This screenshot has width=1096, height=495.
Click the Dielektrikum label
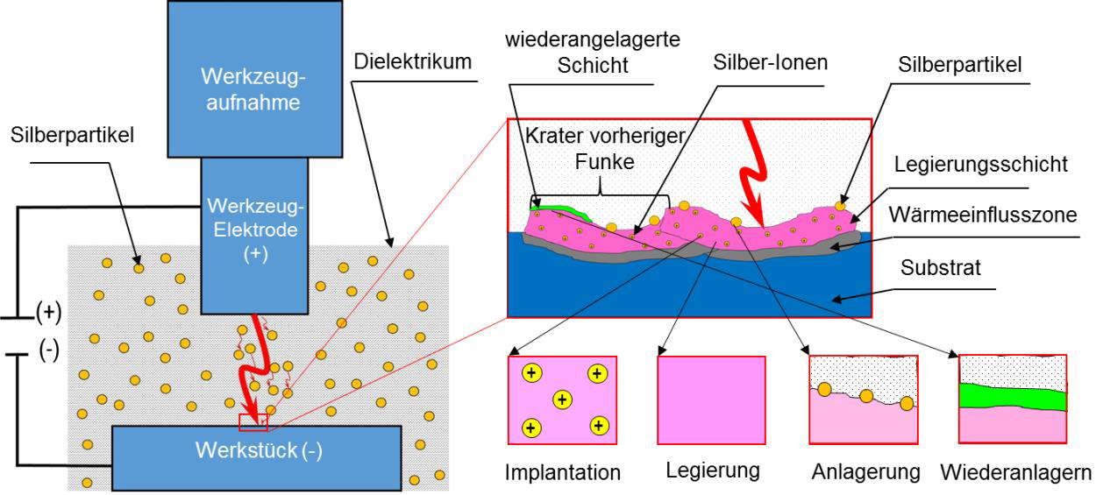[x=414, y=62]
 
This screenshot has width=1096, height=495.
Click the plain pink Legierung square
[x=711, y=400]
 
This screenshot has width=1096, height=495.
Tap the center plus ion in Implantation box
[x=562, y=400]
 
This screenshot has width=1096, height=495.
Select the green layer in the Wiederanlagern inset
[x=1013, y=396]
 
